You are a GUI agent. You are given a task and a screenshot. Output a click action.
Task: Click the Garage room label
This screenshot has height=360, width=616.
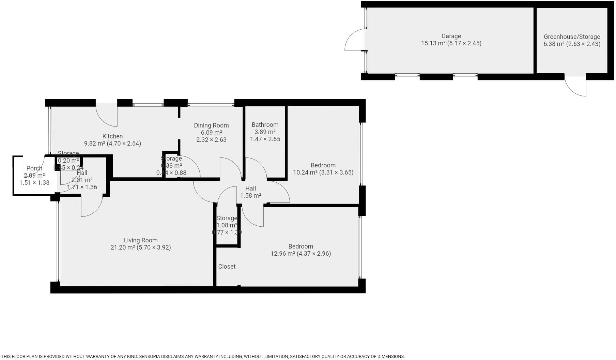tap(451, 36)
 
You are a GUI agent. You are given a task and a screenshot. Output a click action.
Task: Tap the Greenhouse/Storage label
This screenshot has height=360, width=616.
tap(572, 37)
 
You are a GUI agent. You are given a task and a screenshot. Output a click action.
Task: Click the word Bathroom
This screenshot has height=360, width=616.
tap(265, 125)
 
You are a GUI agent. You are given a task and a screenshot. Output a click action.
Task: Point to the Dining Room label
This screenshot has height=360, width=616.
tap(211, 125)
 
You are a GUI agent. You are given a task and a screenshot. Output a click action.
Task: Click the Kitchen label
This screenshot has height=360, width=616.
tap(112, 136)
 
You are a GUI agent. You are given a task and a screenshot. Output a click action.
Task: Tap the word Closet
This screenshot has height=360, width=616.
tap(227, 267)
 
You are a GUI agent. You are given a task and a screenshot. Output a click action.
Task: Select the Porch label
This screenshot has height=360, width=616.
tap(34, 168)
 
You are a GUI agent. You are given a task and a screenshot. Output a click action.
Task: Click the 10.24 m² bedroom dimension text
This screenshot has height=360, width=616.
tap(323, 172)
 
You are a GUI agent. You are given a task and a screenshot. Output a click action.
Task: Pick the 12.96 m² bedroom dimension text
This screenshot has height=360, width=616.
tap(301, 254)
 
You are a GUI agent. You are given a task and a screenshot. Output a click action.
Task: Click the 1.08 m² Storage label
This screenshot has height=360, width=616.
tap(227, 225)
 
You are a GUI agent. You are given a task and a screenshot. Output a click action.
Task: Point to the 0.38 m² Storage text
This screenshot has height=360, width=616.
tap(171, 166)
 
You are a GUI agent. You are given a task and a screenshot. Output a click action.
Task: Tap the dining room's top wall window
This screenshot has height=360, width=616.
tap(211, 105)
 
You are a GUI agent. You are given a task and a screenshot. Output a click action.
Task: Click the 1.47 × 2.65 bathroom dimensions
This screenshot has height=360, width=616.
tap(265, 139)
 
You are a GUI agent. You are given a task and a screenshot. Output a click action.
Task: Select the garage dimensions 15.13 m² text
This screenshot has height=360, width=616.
tap(451, 43)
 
